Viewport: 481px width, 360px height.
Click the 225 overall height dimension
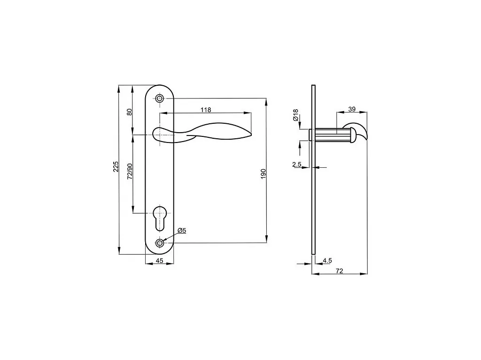[x=116, y=166]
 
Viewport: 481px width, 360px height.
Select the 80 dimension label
[x=129, y=112]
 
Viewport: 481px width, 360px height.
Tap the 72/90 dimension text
[x=130, y=171]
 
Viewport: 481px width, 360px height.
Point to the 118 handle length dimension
[x=206, y=110]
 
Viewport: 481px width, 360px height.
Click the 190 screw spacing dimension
[x=263, y=173]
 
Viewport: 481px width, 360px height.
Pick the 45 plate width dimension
[x=160, y=261]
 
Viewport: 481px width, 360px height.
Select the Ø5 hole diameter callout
[x=182, y=231]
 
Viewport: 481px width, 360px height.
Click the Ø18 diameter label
[x=296, y=115]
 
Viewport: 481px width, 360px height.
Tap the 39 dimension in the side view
[x=352, y=109]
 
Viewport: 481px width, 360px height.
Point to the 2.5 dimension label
[x=297, y=165]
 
